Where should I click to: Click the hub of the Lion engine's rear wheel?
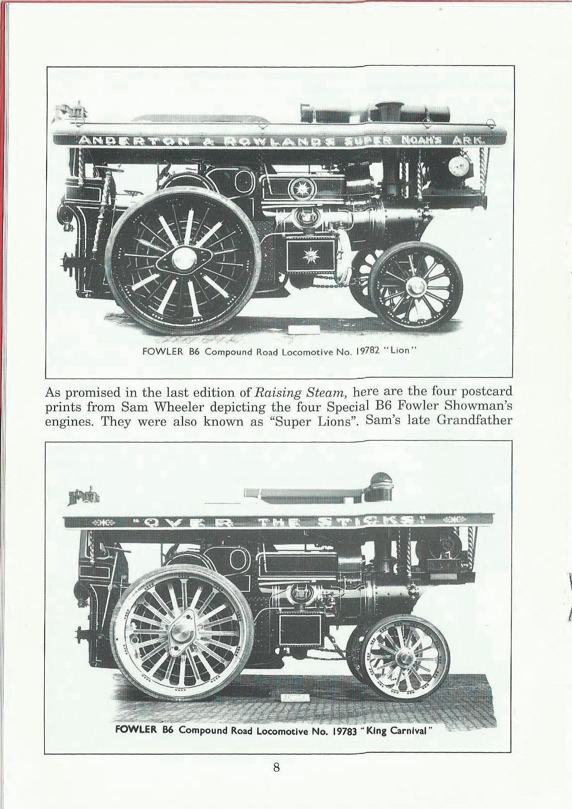(184, 257)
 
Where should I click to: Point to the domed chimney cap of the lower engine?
(381, 479)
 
